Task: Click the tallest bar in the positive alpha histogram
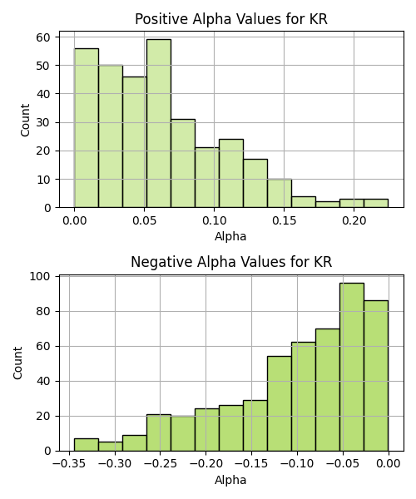click(x=159, y=123)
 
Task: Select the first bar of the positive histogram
click(x=87, y=128)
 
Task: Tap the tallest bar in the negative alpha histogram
click(x=352, y=367)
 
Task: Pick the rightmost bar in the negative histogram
click(x=376, y=376)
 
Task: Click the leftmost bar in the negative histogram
click(x=87, y=445)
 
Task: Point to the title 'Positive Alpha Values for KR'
click(x=231, y=19)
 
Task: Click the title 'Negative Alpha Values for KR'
click(x=231, y=262)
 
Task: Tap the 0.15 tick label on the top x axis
click(x=284, y=220)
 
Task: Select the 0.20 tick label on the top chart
click(x=354, y=220)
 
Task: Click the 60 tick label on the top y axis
click(x=43, y=37)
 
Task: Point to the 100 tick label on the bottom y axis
click(x=40, y=276)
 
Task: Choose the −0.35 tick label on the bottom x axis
click(x=69, y=463)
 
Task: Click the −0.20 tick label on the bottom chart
click(x=206, y=463)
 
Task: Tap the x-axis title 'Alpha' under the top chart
click(x=230, y=236)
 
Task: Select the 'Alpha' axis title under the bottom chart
click(x=230, y=480)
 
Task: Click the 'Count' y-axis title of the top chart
click(x=25, y=120)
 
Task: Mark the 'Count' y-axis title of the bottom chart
click(x=17, y=363)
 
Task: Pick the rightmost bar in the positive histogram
click(x=376, y=204)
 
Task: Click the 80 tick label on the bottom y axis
click(x=43, y=311)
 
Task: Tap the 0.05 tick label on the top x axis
click(x=145, y=220)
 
